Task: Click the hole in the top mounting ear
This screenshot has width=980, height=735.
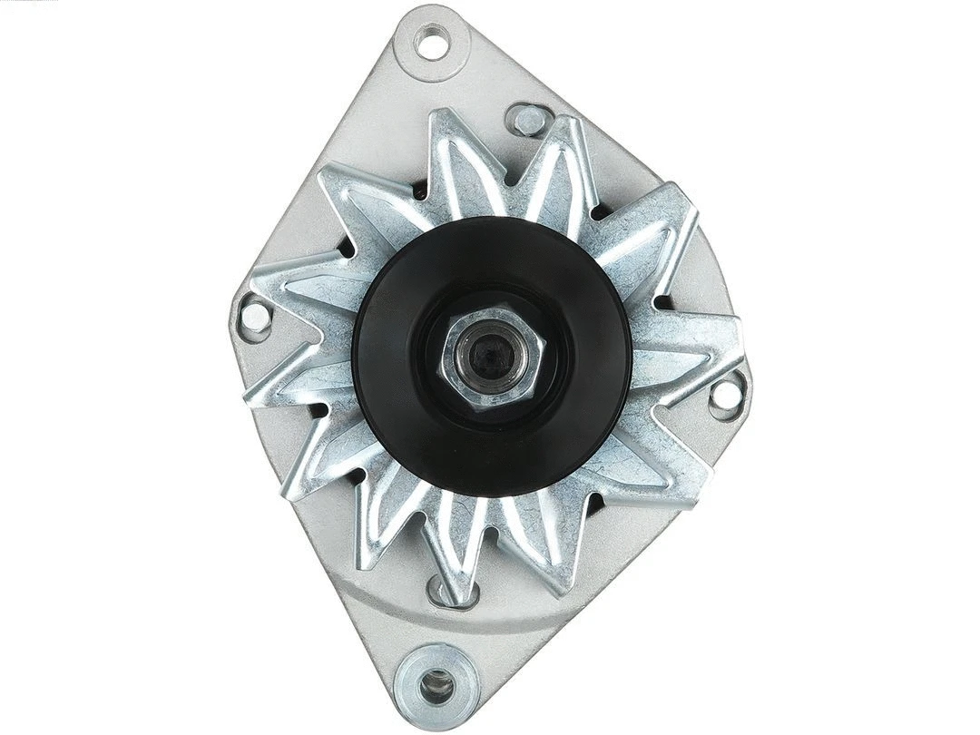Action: (x=432, y=42)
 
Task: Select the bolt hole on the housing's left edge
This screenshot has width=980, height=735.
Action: (x=255, y=317)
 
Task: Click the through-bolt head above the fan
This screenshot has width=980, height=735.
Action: (x=526, y=119)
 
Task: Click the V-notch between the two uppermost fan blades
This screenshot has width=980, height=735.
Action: (x=508, y=181)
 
